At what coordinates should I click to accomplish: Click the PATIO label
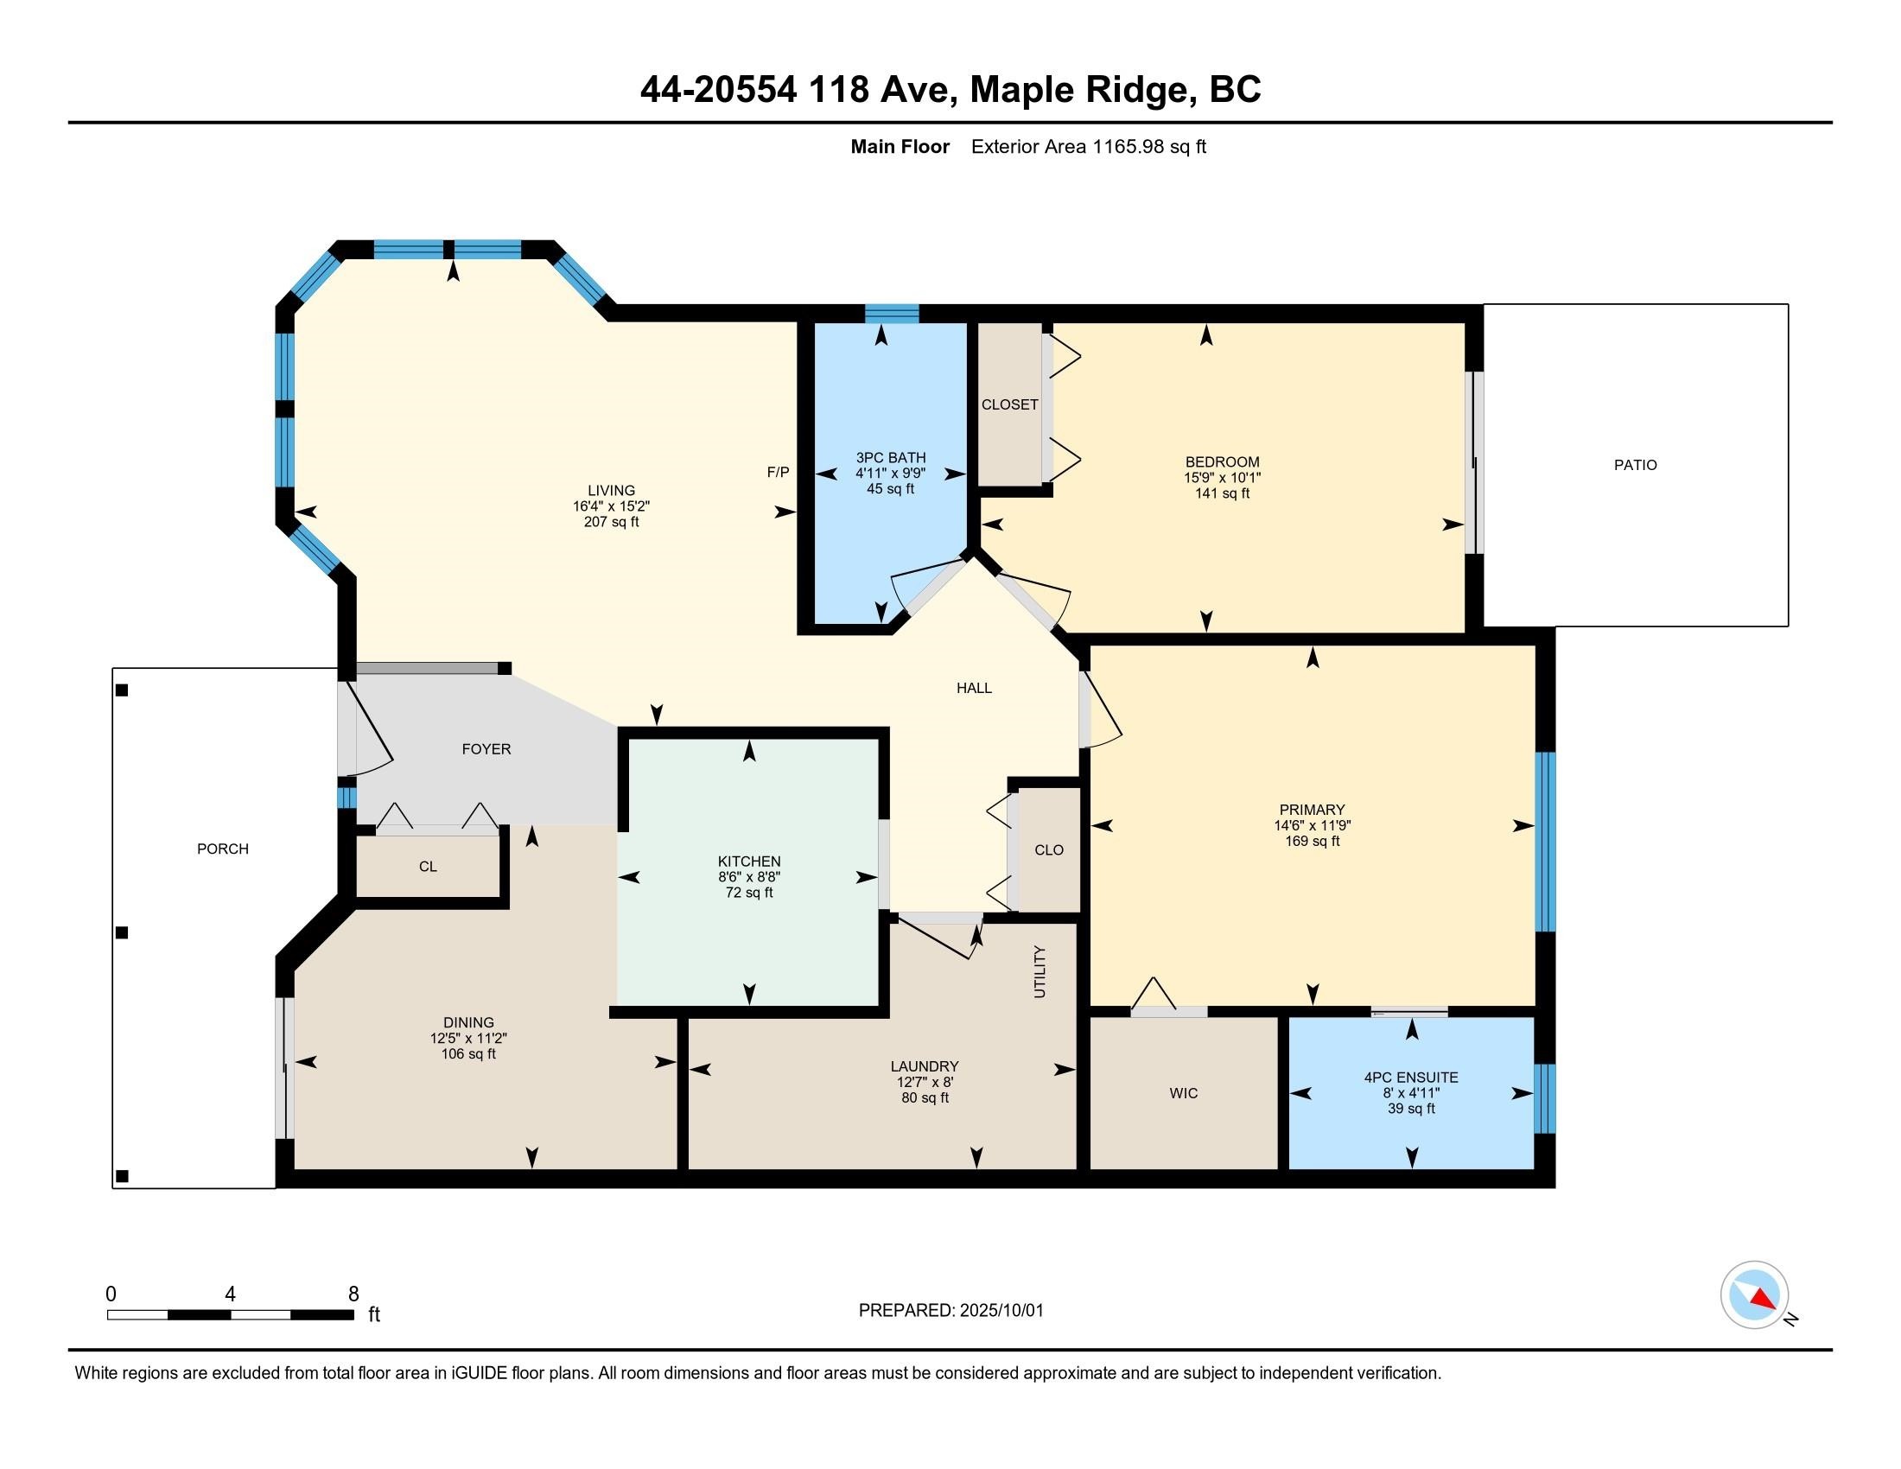(x=1636, y=465)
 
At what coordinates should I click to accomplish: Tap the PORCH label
(x=223, y=849)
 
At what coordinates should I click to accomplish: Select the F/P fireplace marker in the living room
(x=779, y=472)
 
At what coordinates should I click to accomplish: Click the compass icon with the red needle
(x=1754, y=1294)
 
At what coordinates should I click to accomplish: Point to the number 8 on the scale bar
(x=353, y=1294)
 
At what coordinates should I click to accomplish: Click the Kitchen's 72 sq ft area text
(x=749, y=893)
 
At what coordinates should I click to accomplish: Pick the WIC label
(x=1184, y=1093)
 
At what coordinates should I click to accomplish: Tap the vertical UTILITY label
(x=1040, y=971)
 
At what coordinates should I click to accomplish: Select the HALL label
(x=974, y=688)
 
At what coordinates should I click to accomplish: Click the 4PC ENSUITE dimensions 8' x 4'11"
(x=1411, y=1093)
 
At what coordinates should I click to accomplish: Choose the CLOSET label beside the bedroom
(x=1009, y=404)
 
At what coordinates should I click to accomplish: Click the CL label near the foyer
(x=428, y=866)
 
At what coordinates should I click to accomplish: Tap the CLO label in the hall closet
(x=1049, y=849)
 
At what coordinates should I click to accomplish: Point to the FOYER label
(x=486, y=748)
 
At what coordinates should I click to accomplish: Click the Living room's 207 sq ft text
(x=611, y=522)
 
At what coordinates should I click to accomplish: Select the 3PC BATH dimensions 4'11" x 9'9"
(x=890, y=474)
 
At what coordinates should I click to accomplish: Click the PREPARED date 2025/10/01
(x=1001, y=1311)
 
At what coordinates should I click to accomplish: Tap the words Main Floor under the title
(x=900, y=146)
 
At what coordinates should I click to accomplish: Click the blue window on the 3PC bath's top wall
(x=893, y=314)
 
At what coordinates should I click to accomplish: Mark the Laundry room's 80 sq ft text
(x=925, y=1098)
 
